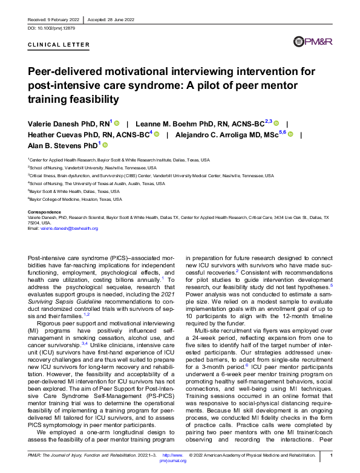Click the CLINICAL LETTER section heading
(x=59, y=45)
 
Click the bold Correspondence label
(x=44, y=212)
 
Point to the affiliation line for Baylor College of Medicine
(x=76, y=199)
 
